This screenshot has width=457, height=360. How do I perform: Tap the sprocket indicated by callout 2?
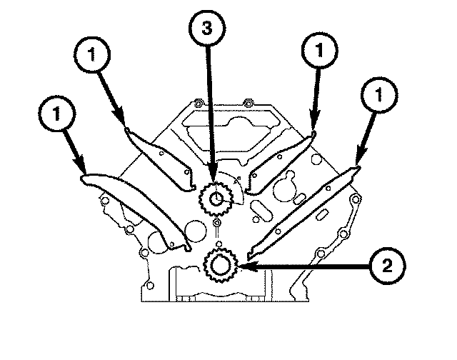(220, 266)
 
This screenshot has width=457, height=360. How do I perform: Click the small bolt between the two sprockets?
(217, 226)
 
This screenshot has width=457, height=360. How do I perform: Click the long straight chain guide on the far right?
(303, 211)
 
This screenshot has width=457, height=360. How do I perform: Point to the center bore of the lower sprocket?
(220, 266)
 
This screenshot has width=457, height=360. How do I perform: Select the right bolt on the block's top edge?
(246, 101)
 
